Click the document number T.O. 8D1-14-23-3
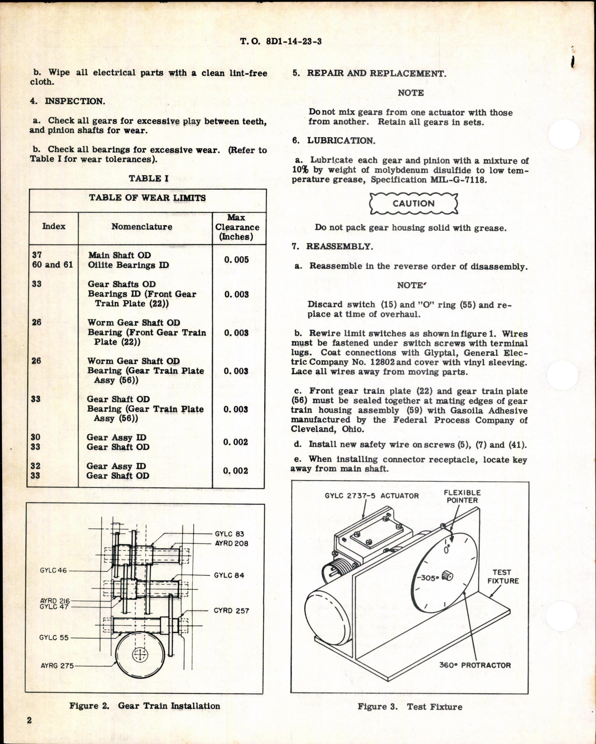281,42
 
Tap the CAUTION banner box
413,204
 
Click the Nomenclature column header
142,227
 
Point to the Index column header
54,226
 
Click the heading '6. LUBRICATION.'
334,141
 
